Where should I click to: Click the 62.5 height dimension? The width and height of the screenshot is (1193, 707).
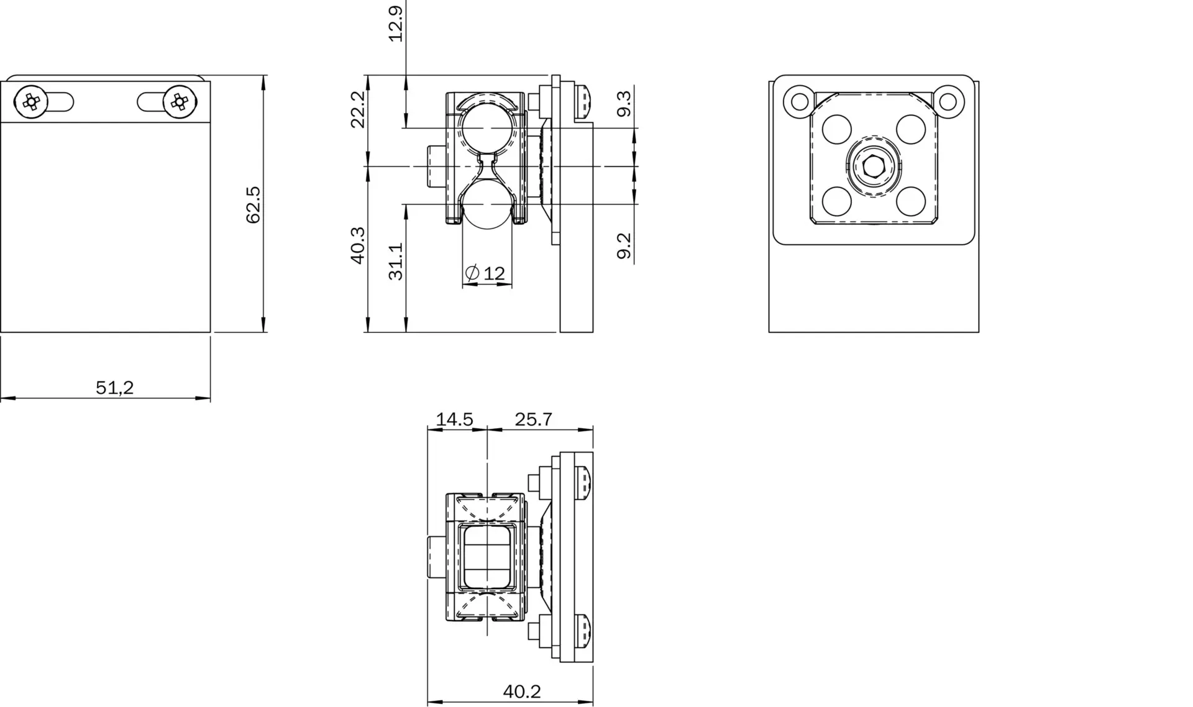click(x=254, y=204)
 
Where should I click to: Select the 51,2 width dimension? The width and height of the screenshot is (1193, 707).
click(x=115, y=388)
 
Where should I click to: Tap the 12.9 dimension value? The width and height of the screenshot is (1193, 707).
click(x=396, y=23)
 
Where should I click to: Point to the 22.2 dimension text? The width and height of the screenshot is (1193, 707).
click(x=358, y=109)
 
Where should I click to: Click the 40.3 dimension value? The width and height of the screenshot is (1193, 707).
click(x=358, y=245)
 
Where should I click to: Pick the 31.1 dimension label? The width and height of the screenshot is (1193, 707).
click(x=396, y=261)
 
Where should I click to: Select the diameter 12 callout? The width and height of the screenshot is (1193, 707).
click(x=485, y=273)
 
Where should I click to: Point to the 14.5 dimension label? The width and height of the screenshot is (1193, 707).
click(x=454, y=419)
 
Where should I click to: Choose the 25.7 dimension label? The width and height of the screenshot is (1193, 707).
click(x=534, y=419)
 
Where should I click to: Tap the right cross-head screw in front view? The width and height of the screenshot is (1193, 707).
click(x=180, y=101)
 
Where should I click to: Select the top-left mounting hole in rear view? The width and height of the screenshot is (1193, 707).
click(x=798, y=101)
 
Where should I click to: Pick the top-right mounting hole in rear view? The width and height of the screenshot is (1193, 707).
click(x=949, y=101)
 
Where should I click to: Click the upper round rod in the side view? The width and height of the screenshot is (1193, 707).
click(x=487, y=128)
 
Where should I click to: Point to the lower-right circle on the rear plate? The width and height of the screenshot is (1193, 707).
click(x=912, y=200)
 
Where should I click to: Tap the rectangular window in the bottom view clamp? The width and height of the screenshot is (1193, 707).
click(x=487, y=557)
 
